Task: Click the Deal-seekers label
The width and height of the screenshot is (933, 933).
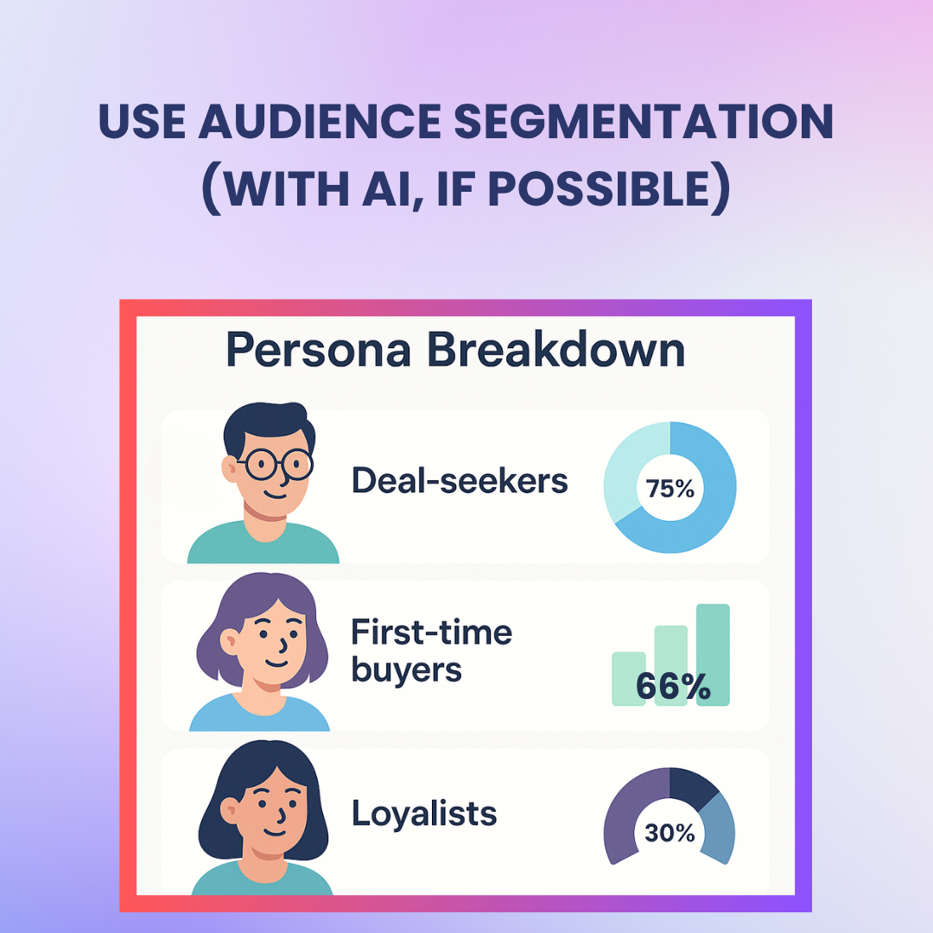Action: click(460, 480)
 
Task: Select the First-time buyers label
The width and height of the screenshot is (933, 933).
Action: click(431, 651)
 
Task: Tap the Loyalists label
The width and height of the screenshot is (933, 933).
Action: click(424, 813)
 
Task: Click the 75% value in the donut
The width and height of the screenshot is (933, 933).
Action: click(670, 489)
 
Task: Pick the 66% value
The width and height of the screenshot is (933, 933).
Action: click(673, 686)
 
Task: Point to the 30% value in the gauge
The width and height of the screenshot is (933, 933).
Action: click(670, 833)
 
